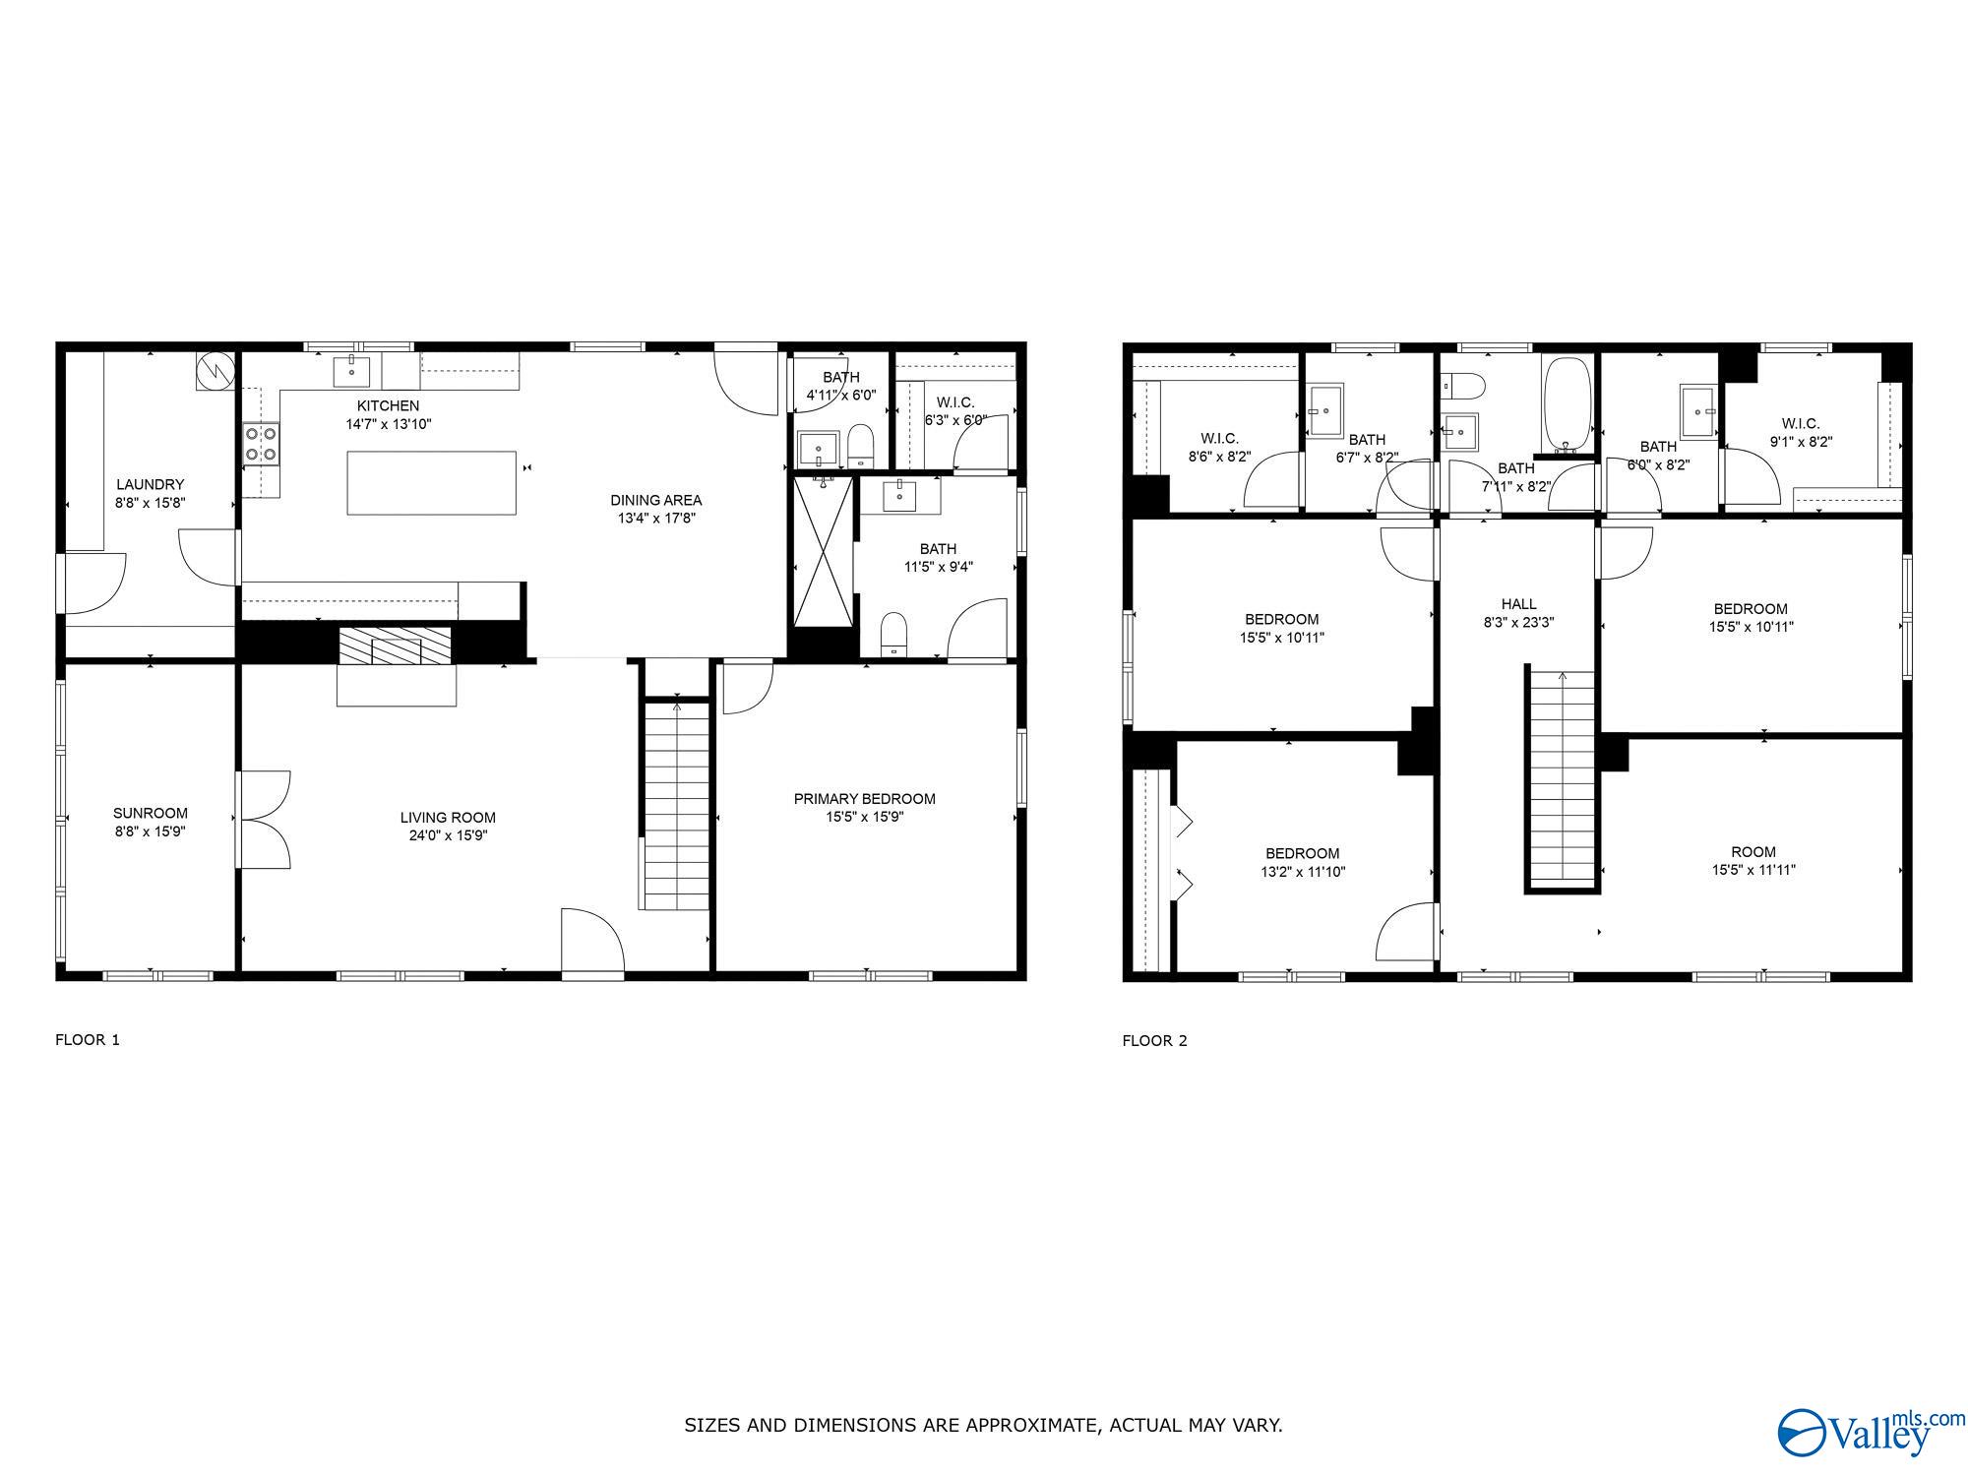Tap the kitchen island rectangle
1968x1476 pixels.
click(x=431, y=482)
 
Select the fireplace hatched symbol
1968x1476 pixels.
click(x=395, y=646)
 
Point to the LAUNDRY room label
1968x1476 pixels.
click(x=151, y=484)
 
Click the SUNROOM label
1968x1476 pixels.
click(x=151, y=813)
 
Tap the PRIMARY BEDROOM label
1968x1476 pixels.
click(x=865, y=799)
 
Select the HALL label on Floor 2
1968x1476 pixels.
click(x=1518, y=604)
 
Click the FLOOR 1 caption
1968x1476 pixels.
click(x=88, y=1039)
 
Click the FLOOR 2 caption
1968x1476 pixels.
click(x=1155, y=1040)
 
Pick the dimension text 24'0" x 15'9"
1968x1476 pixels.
click(x=448, y=835)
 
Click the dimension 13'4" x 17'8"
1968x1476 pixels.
click(x=656, y=518)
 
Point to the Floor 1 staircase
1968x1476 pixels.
click(x=676, y=805)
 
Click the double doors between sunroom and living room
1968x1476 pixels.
click(x=264, y=820)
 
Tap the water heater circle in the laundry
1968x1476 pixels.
click(x=215, y=370)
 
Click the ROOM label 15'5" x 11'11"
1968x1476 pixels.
click(x=1753, y=852)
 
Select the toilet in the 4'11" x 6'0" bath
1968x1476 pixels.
click(x=861, y=446)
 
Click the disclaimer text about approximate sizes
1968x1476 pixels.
click(x=984, y=1425)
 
